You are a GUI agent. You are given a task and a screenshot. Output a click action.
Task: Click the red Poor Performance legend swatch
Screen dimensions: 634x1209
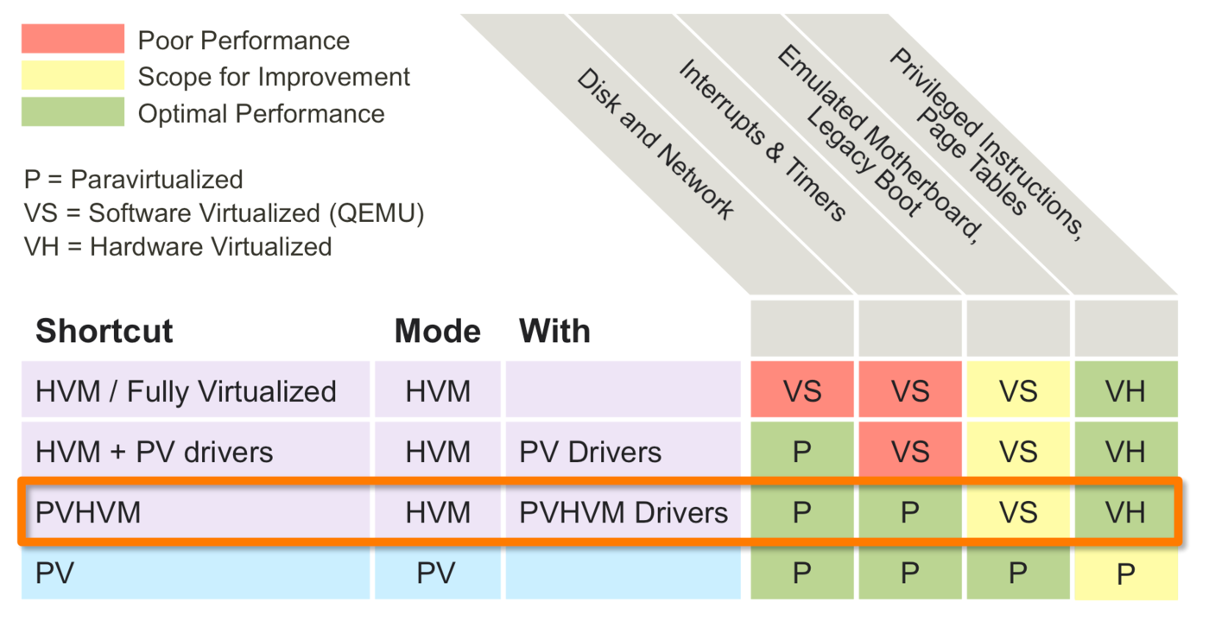pyautogui.click(x=73, y=39)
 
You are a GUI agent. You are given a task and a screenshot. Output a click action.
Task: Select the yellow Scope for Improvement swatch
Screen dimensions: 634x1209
pyautogui.click(x=73, y=76)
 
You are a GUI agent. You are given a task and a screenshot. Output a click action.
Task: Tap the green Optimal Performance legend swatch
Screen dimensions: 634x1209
pyautogui.click(x=73, y=112)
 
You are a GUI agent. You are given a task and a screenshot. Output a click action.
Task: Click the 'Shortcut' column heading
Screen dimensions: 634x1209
pyautogui.click(x=104, y=331)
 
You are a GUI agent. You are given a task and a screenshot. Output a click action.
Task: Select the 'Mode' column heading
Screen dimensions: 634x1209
pyautogui.click(x=437, y=331)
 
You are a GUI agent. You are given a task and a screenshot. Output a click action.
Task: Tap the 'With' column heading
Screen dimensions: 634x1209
pyautogui.click(x=554, y=331)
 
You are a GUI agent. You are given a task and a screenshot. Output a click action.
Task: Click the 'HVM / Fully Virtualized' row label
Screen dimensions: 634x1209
pyautogui.click(x=186, y=391)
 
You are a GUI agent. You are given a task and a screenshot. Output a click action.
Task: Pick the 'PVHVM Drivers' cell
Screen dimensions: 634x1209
pyautogui.click(x=623, y=513)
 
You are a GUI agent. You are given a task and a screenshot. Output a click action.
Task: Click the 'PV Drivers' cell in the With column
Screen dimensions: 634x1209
pyautogui.click(x=590, y=452)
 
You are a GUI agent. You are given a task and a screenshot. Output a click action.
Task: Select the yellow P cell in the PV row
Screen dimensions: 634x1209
pyautogui.click(x=1125, y=574)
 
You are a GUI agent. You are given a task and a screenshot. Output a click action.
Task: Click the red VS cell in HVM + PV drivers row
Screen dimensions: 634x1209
pyautogui.click(x=909, y=452)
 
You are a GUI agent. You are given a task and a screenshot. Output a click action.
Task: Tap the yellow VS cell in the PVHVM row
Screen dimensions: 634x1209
pyautogui.click(x=1017, y=513)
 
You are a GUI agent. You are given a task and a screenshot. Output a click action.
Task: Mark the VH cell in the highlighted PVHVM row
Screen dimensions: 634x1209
pyautogui.click(x=1125, y=513)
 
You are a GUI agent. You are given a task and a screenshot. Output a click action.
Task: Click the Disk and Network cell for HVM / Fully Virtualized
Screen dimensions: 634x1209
pyautogui.click(x=801, y=391)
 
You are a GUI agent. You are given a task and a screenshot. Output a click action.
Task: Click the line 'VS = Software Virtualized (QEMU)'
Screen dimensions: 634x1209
pyautogui.click(x=224, y=212)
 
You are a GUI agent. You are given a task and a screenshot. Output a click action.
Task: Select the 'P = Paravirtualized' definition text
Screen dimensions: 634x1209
pyautogui.click(x=134, y=179)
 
